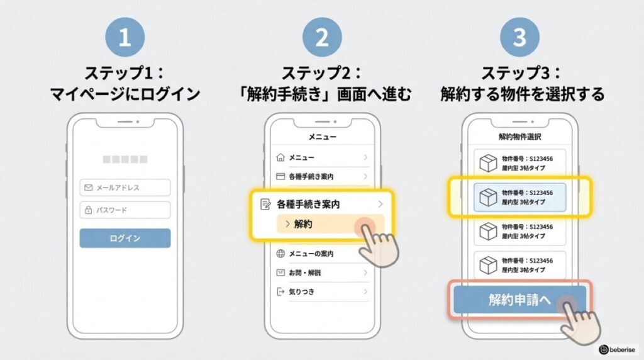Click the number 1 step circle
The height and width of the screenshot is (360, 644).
click(x=125, y=38)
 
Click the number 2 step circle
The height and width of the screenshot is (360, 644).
click(x=322, y=38)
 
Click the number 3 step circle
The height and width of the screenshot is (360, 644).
click(x=519, y=38)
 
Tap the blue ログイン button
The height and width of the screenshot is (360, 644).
click(x=125, y=239)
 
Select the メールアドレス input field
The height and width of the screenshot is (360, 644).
click(x=125, y=188)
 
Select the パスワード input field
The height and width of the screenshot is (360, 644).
click(x=125, y=210)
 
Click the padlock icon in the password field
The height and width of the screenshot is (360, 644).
click(x=89, y=210)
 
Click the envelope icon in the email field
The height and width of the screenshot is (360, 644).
click(x=89, y=188)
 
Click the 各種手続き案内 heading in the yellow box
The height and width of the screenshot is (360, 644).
click(x=312, y=204)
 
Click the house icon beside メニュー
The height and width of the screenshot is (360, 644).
click(x=280, y=157)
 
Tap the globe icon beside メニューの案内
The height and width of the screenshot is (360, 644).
click(x=280, y=254)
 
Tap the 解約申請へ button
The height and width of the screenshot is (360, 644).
click(x=519, y=300)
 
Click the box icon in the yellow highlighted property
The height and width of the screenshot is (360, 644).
click(x=488, y=197)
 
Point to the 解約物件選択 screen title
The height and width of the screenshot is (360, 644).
click(x=519, y=136)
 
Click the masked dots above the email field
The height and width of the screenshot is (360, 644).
click(x=125, y=160)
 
